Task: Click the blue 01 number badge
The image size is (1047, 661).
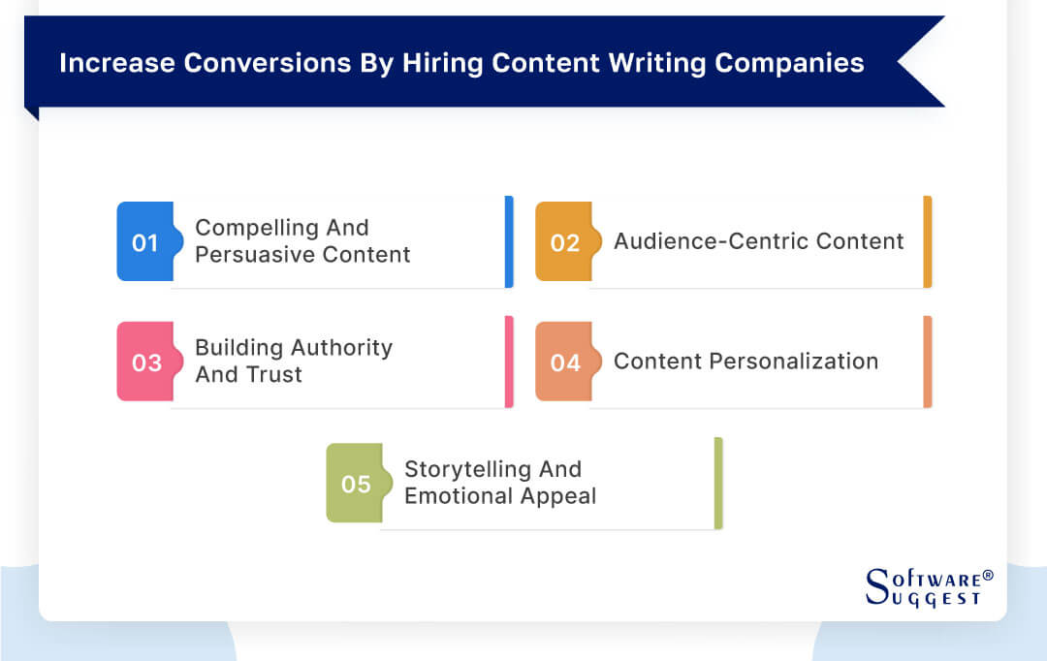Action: [x=144, y=242]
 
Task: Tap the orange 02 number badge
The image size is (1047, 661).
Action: [x=563, y=242]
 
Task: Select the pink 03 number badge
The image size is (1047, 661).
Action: [x=145, y=362]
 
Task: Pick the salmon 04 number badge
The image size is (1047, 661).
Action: [x=564, y=362]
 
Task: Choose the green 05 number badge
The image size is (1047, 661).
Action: [x=355, y=483]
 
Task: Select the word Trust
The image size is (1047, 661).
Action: [x=277, y=375]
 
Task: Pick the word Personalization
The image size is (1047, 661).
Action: [x=794, y=362]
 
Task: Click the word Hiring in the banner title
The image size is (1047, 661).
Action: [x=432, y=63]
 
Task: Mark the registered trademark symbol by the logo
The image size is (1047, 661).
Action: [x=988, y=576]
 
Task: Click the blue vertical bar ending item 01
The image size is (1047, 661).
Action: [x=509, y=242]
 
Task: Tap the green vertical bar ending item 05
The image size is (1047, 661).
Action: [x=718, y=483]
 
